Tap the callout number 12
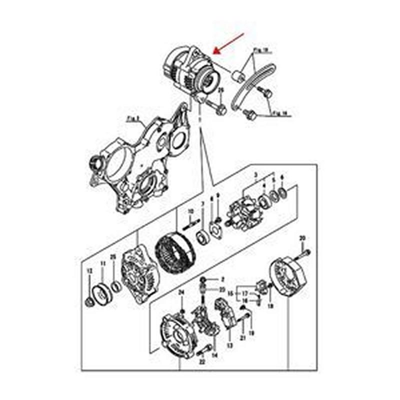90,271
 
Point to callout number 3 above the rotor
256,175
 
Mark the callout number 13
229,345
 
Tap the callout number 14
215,355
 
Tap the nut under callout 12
89,301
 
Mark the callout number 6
283,177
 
